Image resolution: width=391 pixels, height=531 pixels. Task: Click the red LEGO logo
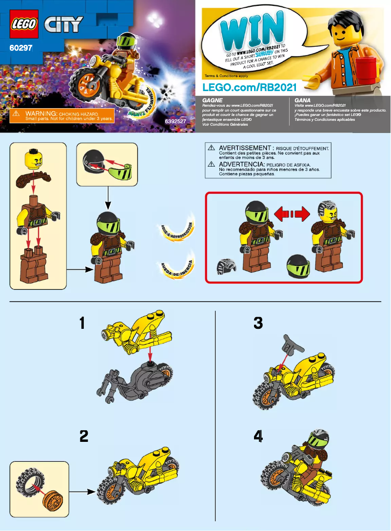[x=24, y=23]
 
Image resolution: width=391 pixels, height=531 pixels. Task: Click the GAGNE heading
[x=213, y=100]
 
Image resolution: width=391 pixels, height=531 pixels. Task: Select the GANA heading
[x=303, y=100]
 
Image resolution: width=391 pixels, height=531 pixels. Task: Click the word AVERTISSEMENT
[x=244, y=148]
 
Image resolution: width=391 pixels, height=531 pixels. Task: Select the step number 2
[x=84, y=436]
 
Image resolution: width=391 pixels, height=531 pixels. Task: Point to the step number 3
[x=258, y=323]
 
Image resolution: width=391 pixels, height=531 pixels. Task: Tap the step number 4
[x=258, y=436]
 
